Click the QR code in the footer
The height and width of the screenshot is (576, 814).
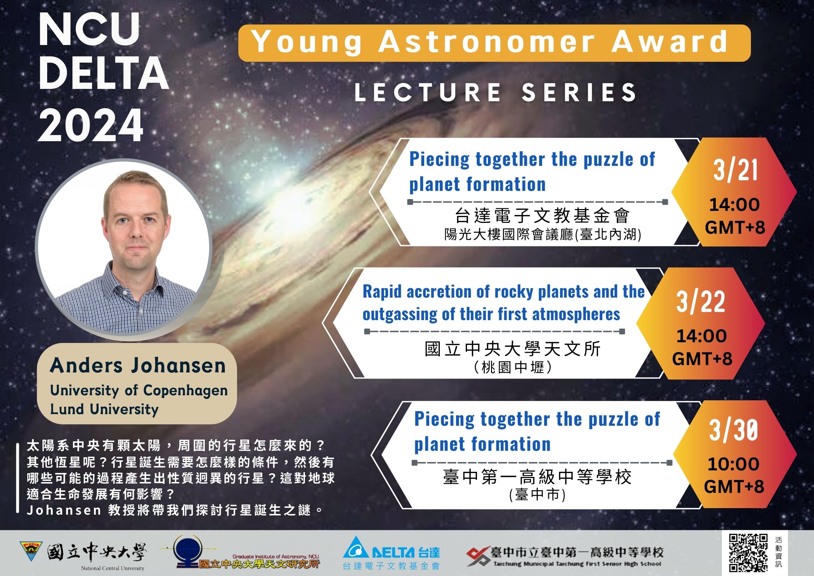748,553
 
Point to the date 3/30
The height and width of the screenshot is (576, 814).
734,430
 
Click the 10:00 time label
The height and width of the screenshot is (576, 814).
734,464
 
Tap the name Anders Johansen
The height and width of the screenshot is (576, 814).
138,365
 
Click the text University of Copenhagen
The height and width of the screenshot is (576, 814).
139,391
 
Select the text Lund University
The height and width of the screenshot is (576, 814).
104,409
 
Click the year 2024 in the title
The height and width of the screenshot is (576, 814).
91,125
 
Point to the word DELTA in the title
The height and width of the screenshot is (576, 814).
104,73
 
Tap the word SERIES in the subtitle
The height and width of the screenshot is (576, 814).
579,92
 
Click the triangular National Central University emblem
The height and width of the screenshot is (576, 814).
31,551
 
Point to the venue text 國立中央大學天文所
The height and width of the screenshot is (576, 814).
513,349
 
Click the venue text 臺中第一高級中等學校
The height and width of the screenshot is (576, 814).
537,477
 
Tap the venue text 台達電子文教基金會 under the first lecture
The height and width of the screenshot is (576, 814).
542,216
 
